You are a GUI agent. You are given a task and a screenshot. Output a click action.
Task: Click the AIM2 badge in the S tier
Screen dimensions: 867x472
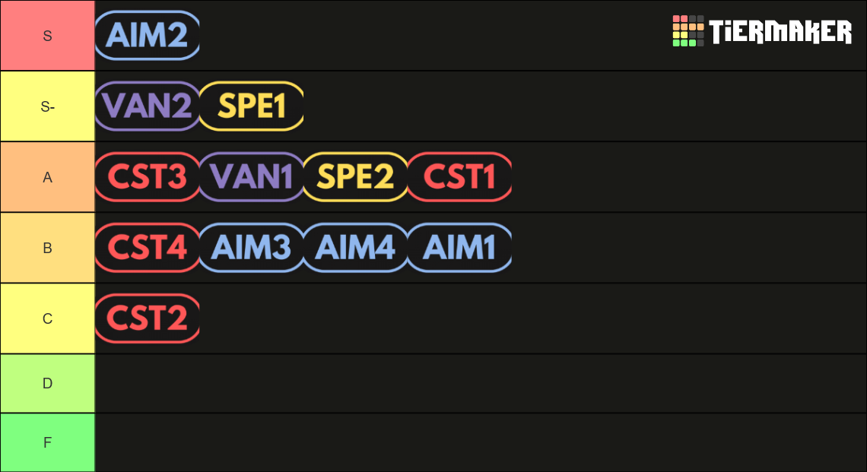tap(147, 36)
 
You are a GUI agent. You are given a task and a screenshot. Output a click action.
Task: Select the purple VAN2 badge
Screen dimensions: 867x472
tap(147, 106)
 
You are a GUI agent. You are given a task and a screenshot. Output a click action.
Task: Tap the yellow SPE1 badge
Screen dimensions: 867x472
tap(252, 106)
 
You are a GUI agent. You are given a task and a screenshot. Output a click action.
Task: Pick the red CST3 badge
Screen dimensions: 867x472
tap(147, 177)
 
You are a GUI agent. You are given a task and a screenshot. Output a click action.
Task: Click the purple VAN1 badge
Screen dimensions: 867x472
tap(252, 177)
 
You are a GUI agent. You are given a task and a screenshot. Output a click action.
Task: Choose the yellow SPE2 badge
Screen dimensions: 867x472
tap(355, 177)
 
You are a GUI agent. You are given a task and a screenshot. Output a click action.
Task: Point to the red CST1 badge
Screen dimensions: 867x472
tap(459, 177)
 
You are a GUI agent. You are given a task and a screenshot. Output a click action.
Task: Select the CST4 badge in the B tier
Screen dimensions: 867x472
tap(147, 248)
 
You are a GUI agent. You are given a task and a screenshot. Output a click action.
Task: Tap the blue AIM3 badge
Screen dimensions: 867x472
tap(252, 248)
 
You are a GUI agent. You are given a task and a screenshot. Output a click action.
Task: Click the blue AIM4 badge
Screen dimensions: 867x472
tap(355, 248)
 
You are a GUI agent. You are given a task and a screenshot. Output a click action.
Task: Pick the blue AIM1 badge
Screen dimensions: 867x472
tap(459, 248)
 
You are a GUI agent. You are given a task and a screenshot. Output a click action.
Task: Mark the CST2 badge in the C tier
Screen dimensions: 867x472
tap(147, 318)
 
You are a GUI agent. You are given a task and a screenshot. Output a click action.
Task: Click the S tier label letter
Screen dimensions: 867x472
tap(48, 36)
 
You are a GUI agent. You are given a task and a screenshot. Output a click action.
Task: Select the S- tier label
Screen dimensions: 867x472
tap(48, 106)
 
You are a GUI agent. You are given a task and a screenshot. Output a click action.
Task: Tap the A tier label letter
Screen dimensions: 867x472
tap(48, 177)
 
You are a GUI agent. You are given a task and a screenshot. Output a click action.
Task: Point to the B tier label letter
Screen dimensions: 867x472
tap(48, 248)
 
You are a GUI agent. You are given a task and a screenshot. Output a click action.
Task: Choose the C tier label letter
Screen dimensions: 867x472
tap(48, 319)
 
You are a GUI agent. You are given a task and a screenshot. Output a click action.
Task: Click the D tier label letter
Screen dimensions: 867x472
tap(48, 384)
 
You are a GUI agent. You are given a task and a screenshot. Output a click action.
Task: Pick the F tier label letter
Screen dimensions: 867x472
tap(48, 442)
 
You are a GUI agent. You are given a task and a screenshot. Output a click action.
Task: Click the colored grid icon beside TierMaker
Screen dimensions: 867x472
tap(688, 31)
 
